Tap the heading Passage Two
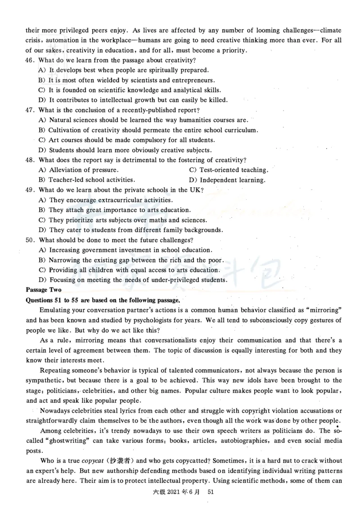coord(44,290)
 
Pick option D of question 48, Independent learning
coord(232,180)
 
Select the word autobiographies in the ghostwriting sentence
coord(243,441)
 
